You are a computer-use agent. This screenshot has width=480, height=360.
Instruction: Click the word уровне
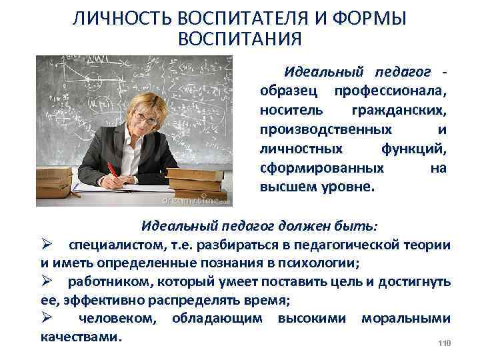[x=346, y=186]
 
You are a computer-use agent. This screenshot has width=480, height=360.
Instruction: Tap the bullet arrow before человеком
[x=45, y=319]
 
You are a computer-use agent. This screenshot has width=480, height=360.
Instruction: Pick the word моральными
[x=406, y=319]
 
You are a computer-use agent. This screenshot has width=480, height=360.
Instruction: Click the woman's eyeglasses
[x=151, y=114]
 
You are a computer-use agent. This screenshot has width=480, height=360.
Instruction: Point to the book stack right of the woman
[x=196, y=181]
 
